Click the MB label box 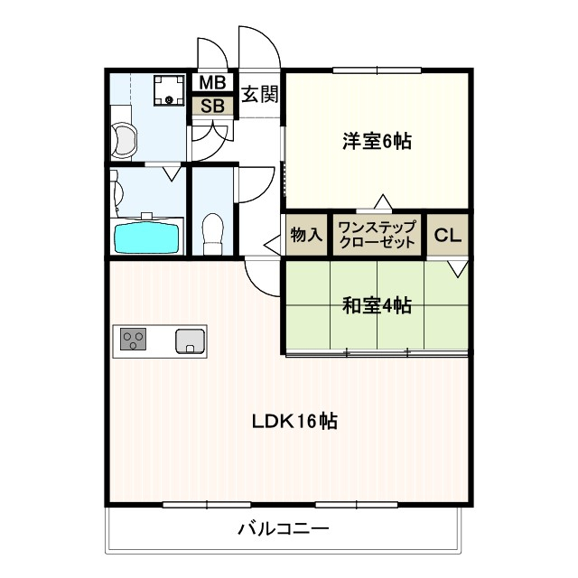click(x=213, y=82)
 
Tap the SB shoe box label click(x=213, y=106)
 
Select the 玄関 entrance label click(x=260, y=94)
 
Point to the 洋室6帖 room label click(x=377, y=141)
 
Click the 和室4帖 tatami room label click(x=377, y=305)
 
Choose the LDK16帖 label click(x=294, y=421)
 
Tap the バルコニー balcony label click(x=283, y=529)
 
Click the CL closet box click(x=448, y=235)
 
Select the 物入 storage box click(x=306, y=235)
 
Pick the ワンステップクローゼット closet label click(x=377, y=235)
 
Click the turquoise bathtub click(x=146, y=238)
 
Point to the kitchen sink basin click(x=190, y=341)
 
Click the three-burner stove click(x=133, y=340)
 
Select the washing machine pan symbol click(x=169, y=90)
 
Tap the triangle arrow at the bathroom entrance click(x=172, y=173)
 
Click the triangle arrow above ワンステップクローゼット click(x=383, y=201)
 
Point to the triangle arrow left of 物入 click(x=274, y=245)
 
